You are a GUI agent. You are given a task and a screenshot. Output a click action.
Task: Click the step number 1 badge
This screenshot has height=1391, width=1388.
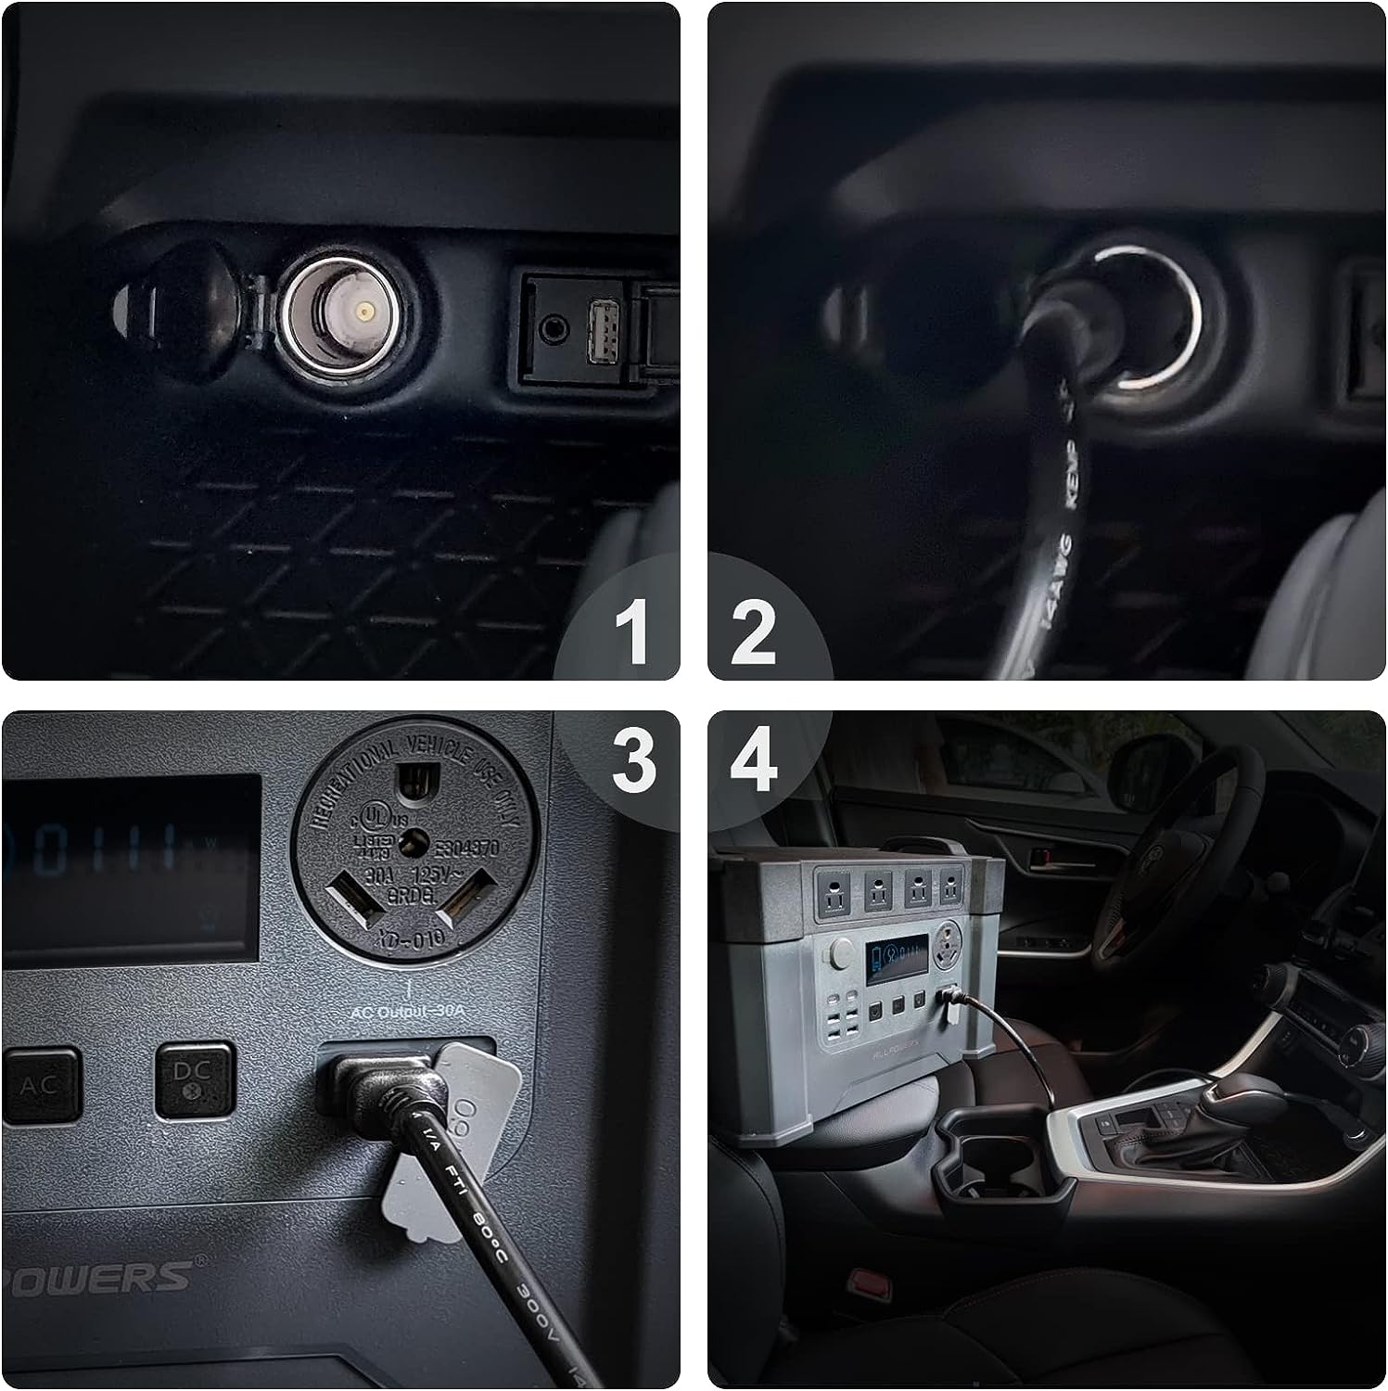pyautogui.click(x=632, y=632)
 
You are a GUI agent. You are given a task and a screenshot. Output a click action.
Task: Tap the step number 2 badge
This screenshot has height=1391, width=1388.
pyautogui.click(x=753, y=632)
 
